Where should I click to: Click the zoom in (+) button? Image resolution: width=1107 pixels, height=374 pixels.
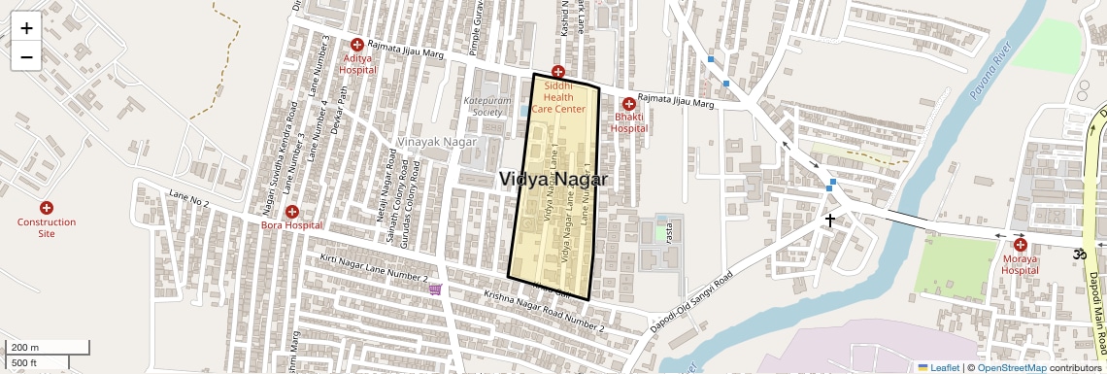point(26,28)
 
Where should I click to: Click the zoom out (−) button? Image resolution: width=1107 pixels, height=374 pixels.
point(26,57)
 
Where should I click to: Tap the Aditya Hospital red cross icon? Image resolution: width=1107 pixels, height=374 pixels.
point(357,45)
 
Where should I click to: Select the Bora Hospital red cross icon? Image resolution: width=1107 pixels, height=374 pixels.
point(292,212)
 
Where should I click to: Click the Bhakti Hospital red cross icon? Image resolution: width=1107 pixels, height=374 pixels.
point(628,104)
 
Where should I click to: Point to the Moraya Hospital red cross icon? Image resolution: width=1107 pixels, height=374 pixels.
point(1021,245)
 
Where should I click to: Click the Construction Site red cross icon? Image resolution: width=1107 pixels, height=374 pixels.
point(46,208)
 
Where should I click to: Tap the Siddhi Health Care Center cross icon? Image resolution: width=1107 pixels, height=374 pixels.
point(557,72)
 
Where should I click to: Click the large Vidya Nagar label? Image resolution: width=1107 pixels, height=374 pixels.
point(553,180)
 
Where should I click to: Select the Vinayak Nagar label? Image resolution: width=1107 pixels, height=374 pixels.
point(435,142)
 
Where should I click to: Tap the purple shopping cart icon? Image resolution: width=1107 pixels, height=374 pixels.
point(435,289)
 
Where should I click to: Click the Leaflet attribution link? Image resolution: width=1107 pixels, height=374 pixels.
point(938,367)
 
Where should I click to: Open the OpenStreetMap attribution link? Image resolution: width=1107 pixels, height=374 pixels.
point(1011,367)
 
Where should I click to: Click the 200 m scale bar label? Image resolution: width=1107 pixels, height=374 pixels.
point(26,347)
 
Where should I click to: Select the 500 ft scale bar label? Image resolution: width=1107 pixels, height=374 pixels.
point(26,363)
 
